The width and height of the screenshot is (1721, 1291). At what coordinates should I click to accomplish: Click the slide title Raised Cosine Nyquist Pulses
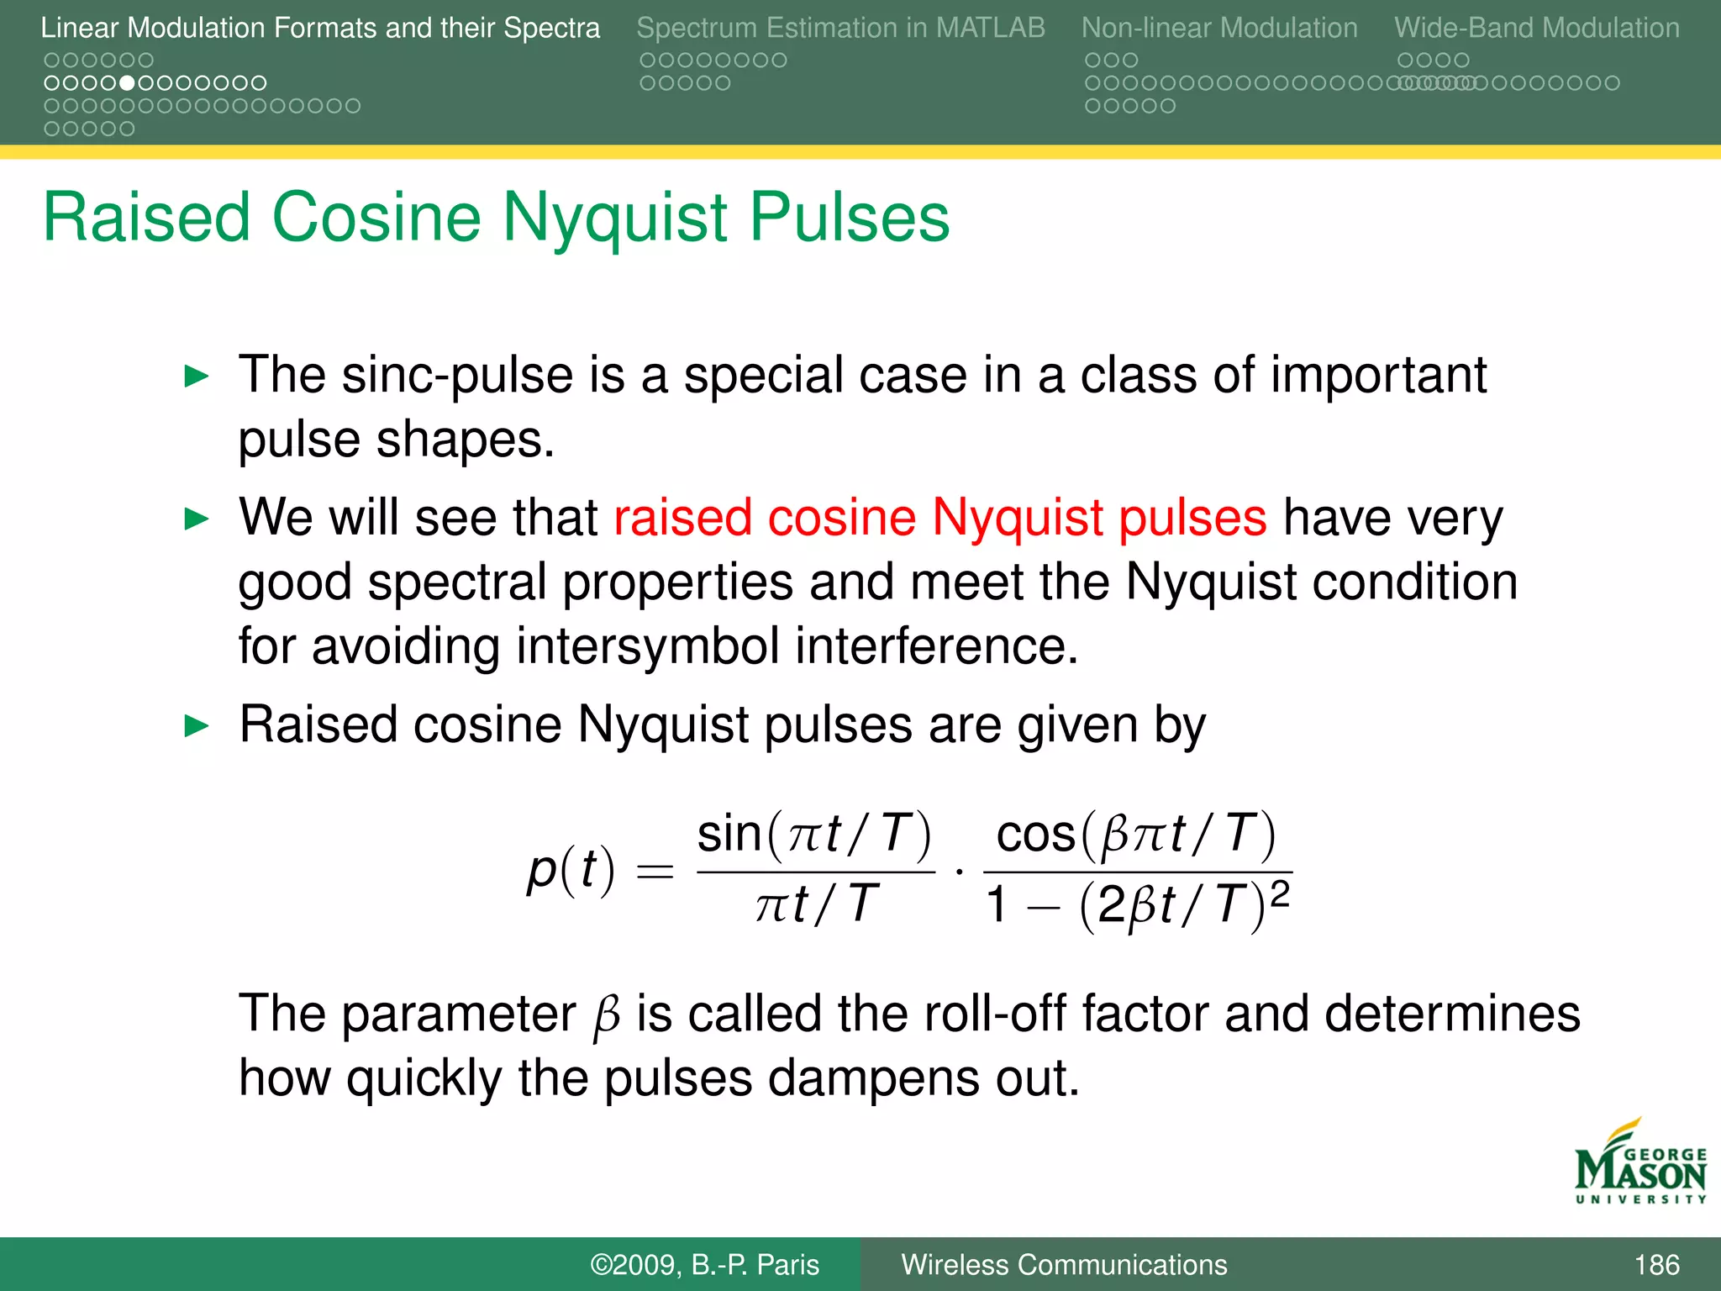pos(496,217)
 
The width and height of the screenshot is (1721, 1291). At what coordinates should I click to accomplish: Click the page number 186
pos(1656,1264)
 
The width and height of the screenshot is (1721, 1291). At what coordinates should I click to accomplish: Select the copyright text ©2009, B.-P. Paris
pos(704,1264)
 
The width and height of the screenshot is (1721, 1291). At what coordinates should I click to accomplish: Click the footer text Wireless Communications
pos(1064,1264)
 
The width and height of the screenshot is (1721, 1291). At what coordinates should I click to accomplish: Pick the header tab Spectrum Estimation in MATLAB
pos(840,28)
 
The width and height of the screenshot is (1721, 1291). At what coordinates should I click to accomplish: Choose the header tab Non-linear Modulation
pos(1218,28)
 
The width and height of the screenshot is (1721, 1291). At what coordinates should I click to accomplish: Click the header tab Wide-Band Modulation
pos(1536,28)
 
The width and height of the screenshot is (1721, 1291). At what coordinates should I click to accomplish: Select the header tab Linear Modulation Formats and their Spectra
pos(320,28)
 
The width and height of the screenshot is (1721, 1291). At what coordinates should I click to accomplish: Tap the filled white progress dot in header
pos(127,83)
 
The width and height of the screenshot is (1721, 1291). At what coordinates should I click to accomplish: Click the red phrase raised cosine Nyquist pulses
pos(939,517)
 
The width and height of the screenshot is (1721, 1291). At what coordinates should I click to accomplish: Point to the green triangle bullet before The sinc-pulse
pos(196,376)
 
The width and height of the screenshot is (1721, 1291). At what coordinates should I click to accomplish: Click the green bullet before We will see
pos(196,519)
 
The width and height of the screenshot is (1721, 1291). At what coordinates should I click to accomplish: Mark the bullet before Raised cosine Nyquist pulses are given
pos(196,725)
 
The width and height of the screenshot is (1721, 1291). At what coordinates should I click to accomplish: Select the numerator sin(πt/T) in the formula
pos(814,834)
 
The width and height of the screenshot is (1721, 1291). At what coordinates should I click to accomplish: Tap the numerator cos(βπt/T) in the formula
pos(1136,834)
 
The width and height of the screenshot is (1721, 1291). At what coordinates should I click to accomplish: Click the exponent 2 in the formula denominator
pos(1279,893)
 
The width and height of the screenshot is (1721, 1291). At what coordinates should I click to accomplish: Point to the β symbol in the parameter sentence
pos(606,1016)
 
